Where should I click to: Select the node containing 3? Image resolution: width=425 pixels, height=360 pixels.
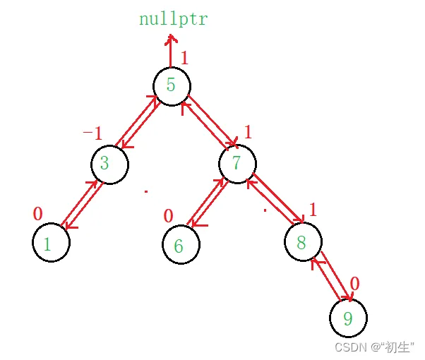[108, 164]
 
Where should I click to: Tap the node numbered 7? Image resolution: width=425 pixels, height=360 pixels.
[237, 163]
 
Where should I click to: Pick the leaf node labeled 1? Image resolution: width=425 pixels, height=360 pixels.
[50, 244]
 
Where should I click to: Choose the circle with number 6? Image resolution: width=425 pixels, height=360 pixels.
[180, 245]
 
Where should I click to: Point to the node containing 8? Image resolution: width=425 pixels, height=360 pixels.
[303, 243]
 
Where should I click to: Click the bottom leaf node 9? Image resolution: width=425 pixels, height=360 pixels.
[347, 318]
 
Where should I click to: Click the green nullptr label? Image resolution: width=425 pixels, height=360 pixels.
[174, 19]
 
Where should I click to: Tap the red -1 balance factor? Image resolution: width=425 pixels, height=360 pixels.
[92, 133]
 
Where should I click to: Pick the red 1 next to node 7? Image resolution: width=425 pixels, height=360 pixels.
[249, 131]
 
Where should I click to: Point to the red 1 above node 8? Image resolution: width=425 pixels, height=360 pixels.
[312, 210]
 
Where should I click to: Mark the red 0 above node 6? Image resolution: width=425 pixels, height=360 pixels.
[168, 215]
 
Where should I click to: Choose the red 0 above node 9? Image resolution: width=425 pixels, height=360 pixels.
[355, 284]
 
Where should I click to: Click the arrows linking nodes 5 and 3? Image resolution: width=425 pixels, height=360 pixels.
[139, 125]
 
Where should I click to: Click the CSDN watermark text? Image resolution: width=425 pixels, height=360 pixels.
[374, 347]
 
